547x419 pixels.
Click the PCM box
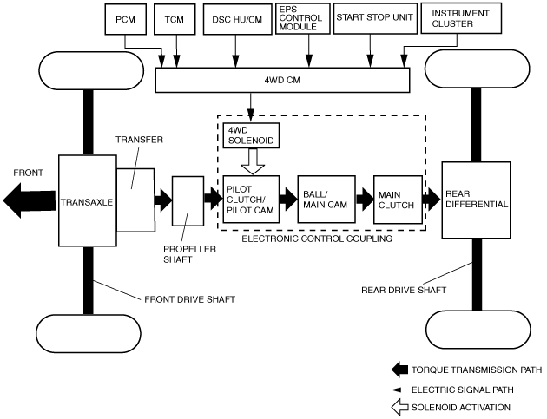(126, 20)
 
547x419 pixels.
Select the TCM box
(175, 20)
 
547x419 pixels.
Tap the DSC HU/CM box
(237, 20)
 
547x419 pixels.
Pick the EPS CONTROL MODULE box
(303, 19)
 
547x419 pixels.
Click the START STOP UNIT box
(375, 19)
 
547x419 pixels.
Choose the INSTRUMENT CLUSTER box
(461, 18)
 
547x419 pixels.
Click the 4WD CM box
(282, 80)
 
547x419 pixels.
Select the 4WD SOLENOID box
(251, 135)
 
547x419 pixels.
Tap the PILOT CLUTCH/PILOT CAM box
(251, 200)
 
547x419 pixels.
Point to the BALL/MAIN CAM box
(326, 200)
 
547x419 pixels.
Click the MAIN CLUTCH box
(398, 200)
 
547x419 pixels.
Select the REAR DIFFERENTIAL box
(476, 200)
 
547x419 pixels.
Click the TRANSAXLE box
(87, 200)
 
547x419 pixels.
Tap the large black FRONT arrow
(29, 200)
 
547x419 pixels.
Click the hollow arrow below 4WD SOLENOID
(253, 161)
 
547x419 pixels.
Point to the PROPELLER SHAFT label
(189, 254)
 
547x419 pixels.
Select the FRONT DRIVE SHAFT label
(190, 299)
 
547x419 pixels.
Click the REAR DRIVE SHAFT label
(404, 290)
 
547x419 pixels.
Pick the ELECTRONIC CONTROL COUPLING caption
(317, 239)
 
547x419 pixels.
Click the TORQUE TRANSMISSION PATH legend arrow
(399, 370)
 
